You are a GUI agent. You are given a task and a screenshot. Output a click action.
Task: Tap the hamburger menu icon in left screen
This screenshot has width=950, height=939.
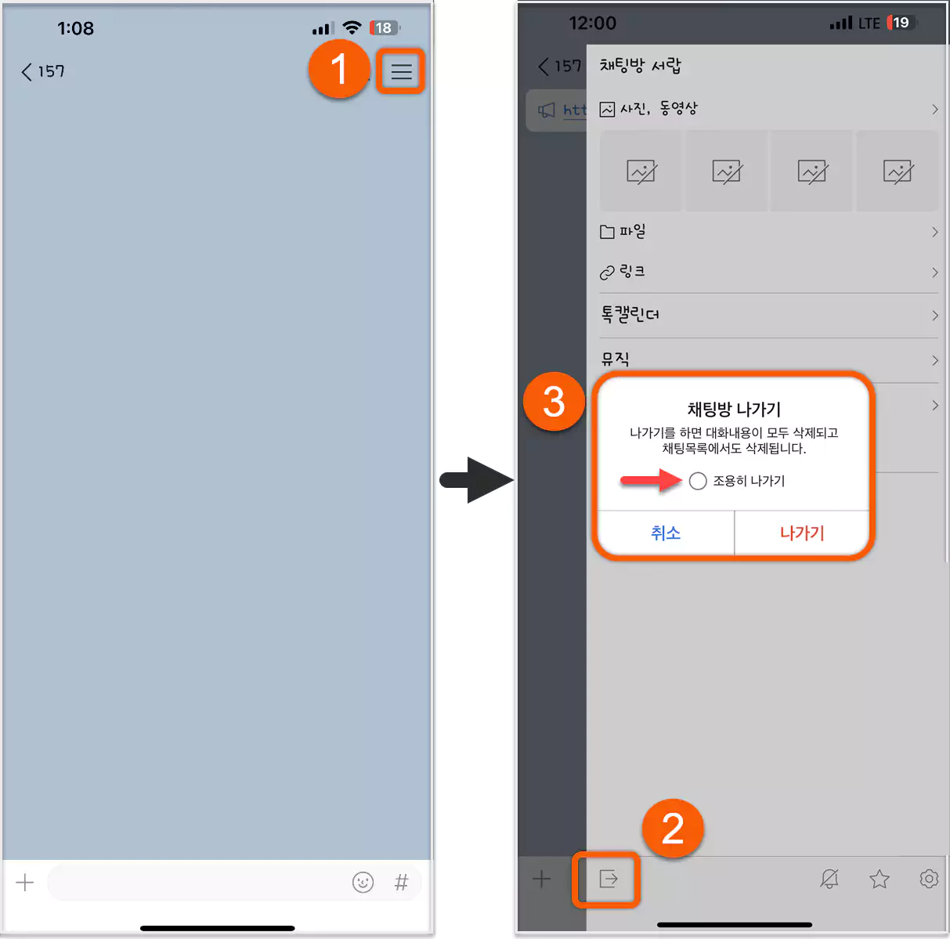pyautogui.click(x=401, y=71)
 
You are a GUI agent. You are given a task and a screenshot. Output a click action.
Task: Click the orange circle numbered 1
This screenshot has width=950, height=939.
pyautogui.click(x=338, y=69)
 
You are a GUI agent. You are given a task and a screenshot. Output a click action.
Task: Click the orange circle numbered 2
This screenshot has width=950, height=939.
pyautogui.click(x=673, y=829)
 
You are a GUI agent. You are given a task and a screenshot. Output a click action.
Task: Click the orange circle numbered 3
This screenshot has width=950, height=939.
pyautogui.click(x=554, y=402)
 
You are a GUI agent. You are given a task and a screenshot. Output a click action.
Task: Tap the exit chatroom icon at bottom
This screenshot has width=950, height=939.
pyautogui.click(x=608, y=879)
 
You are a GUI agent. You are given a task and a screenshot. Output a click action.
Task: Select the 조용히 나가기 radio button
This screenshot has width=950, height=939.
pyautogui.click(x=698, y=481)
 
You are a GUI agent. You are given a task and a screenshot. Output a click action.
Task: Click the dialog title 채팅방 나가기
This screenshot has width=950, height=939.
pyautogui.click(x=734, y=409)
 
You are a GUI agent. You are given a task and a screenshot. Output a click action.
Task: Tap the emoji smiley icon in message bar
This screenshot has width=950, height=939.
pyautogui.click(x=363, y=883)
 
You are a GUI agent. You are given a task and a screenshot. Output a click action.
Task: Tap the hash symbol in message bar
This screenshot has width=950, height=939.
pyautogui.click(x=401, y=883)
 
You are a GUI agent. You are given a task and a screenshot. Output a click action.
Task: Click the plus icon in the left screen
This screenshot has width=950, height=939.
pyautogui.click(x=25, y=883)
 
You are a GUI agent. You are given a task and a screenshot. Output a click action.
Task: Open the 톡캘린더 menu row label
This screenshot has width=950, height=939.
pyautogui.click(x=630, y=315)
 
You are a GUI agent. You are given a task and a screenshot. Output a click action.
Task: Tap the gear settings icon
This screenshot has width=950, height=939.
pyautogui.click(x=929, y=879)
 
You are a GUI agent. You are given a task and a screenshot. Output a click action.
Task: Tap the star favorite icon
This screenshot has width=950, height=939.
pyautogui.click(x=880, y=879)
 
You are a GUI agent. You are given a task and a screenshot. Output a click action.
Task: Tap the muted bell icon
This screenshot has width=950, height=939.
pyautogui.click(x=829, y=879)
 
